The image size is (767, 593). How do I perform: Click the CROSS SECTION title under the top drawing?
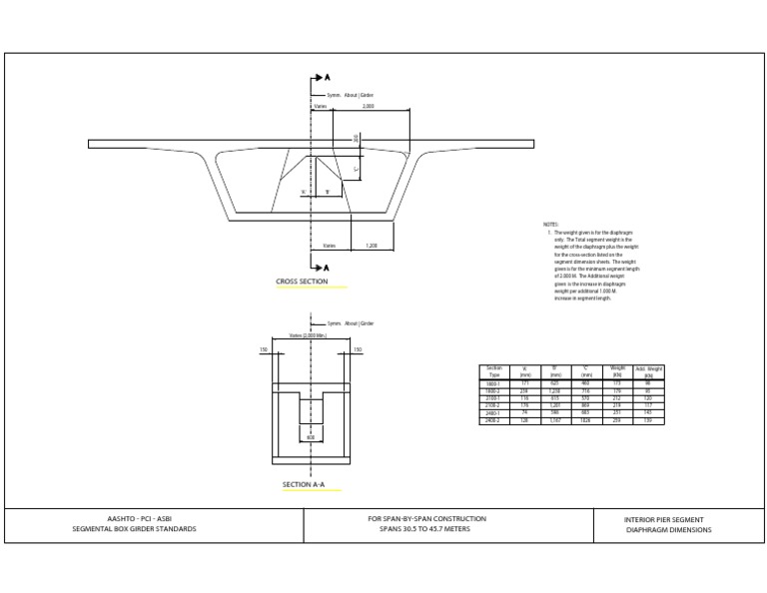302,283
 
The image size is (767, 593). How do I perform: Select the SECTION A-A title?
304,486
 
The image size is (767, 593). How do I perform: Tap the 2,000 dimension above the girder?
368,105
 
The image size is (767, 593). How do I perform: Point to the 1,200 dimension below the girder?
372,245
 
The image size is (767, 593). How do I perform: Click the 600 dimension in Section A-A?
310,435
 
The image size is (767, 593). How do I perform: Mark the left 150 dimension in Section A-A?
264,350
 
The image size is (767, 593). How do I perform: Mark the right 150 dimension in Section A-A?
359,350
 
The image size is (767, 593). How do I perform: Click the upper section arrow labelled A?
323,77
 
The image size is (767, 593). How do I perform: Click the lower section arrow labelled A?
323,267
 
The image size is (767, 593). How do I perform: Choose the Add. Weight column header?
649,371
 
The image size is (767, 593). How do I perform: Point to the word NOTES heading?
551,225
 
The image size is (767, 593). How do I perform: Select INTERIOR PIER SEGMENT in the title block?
663,519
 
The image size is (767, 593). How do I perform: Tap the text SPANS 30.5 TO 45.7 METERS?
426,529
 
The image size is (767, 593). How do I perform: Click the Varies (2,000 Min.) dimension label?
306,336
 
